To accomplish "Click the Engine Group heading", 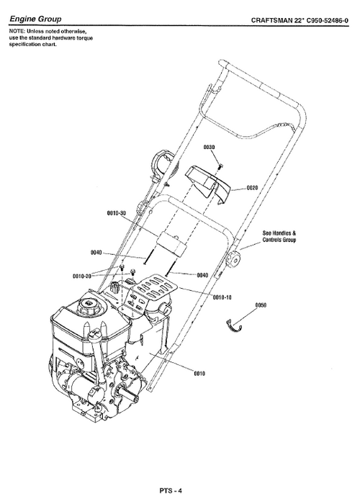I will pos(35,17).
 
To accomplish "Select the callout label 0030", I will pos(210,147).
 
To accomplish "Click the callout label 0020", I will pos(252,188).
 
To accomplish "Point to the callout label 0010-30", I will pos(116,213).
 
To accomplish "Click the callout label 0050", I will pos(261,305).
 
